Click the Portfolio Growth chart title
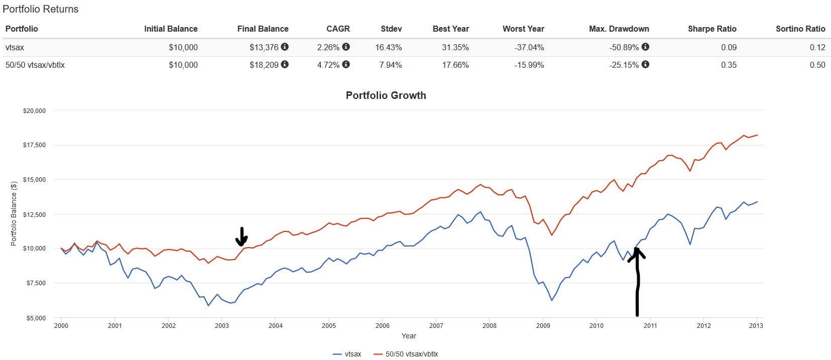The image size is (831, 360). (386, 95)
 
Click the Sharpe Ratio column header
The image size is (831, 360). (711, 29)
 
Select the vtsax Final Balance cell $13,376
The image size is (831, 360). (264, 47)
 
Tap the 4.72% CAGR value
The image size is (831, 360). (328, 65)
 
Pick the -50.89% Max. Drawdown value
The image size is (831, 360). (624, 47)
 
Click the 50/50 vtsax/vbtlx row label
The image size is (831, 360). (35, 65)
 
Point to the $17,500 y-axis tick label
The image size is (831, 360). (34, 145)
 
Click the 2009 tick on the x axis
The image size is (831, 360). (543, 325)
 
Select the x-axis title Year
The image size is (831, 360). (409, 336)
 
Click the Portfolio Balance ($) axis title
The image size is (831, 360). (14, 213)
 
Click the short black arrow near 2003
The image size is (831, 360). (242, 236)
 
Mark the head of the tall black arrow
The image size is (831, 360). (637, 252)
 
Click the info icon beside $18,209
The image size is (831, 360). (285, 64)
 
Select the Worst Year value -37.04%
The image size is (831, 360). (529, 47)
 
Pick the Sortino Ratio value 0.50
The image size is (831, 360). (817, 65)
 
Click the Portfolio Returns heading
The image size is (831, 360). (41, 9)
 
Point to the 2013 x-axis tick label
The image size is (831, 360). (756, 325)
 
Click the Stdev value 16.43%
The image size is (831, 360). (388, 47)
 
